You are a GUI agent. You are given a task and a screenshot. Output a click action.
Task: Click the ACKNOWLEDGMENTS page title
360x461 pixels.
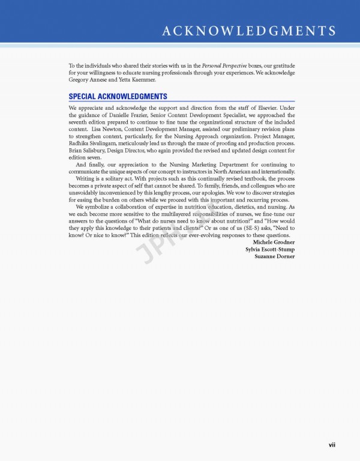[248, 31]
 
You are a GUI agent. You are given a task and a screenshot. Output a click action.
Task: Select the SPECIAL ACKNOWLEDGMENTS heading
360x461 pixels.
[118, 97]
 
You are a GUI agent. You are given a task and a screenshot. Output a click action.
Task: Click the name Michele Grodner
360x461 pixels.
[274, 242]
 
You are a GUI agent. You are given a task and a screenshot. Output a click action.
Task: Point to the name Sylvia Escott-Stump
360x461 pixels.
[270, 249]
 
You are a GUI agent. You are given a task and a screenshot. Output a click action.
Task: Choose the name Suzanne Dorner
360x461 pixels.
[275, 256]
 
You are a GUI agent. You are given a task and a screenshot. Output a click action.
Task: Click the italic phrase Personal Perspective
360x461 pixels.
[220, 65]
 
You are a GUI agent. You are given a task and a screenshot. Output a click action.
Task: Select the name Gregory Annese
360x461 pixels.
[88, 79]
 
